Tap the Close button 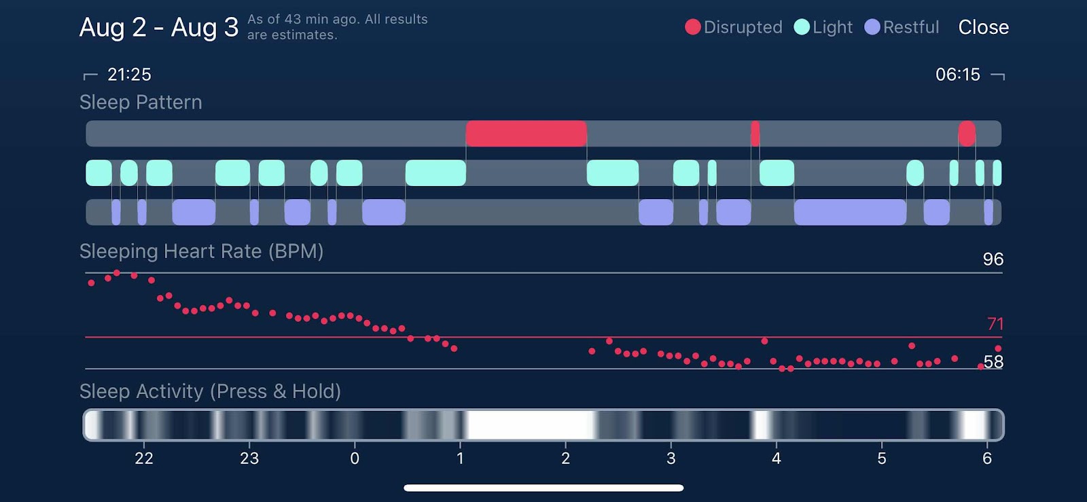pyautogui.click(x=983, y=27)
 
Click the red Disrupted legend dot pyautogui.click(x=692, y=27)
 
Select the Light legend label pyautogui.click(x=832, y=27)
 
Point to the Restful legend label pyautogui.click(x=910, y=27)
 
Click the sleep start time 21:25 pyautogui.click(x=129, y=74)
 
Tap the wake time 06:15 pyautogui.click(x=957, y=74)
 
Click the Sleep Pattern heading pyautogui.click(x=141, y=102)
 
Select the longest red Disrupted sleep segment pyautogui.click(x=526, y=134)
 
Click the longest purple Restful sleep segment pyautogui.click(x=850, y=212)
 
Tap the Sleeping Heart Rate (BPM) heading pyautogui.click(x=201, y=251)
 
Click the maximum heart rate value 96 pyautogui.click(x=993, y=259)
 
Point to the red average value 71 pyautogui.click(x=995, y=323)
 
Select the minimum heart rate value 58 pyautogui.click(x=993, y=362)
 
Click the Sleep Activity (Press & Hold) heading pyautogui.click(x=210, y=391)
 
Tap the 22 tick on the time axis pyautogui.click(x=144, y=459)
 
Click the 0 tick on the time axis pyautogui.click(x=355, y=459)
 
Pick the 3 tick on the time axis pyautogui.click(x=671, y=459)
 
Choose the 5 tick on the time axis pyautogui.click(x=881, y=459)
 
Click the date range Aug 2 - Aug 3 pyautogui.click(x=159, y=27)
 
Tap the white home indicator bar pyautogui.click(x=543, y=488)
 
